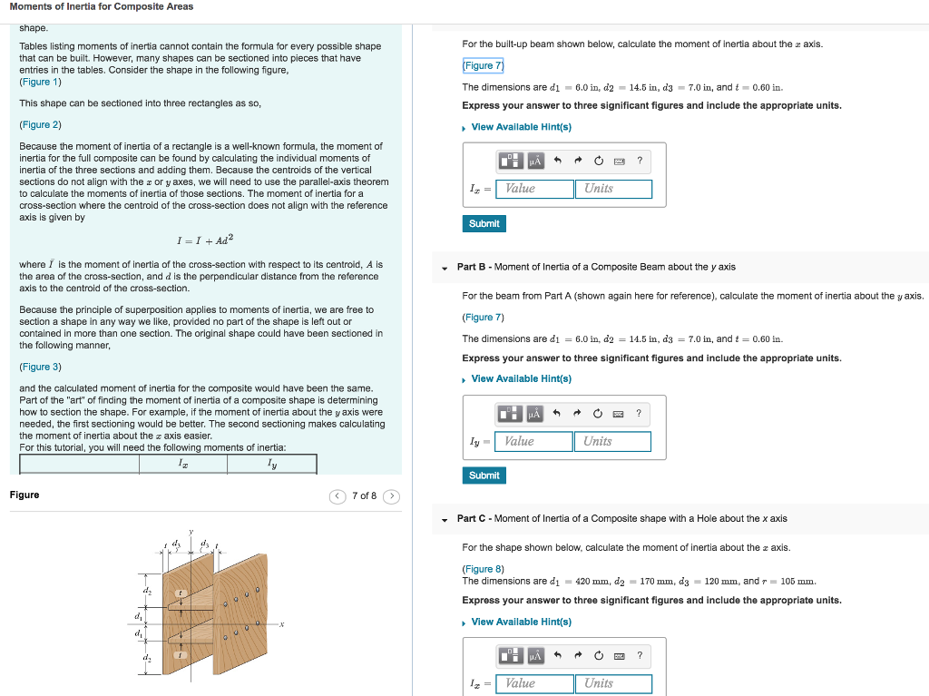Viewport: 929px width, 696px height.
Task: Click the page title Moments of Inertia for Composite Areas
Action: tap(101, 7)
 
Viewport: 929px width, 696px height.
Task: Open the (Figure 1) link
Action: tap(40, 82)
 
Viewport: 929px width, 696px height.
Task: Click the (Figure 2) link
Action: tap(40, 124)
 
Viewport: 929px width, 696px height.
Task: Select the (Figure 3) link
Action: tap(40, 367)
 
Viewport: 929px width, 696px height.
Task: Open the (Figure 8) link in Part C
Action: tap(483, 569)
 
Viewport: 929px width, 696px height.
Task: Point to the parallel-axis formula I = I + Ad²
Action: tap(205, 240)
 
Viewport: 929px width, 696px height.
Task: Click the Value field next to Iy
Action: tap(533, 441)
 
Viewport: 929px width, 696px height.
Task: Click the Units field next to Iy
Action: tap(611, 441)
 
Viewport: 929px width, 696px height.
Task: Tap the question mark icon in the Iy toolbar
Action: tap(639, 414)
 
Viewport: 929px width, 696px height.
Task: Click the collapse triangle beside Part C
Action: tap(445, 520)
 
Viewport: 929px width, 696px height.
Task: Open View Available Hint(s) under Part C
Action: tap(521, 622)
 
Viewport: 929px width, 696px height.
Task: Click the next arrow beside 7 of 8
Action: tap(391, 495)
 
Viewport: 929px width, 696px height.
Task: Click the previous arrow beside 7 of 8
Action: tap(337, 495)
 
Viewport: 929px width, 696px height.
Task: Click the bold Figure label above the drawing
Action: tap(24, 495)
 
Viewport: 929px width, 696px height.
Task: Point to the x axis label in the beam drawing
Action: tap(282, 624)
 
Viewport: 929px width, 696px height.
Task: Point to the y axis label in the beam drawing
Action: tap(191, 533)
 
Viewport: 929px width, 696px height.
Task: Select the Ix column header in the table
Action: tap(182, 464)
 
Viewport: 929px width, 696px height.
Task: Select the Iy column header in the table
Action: tap(271, 464)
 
